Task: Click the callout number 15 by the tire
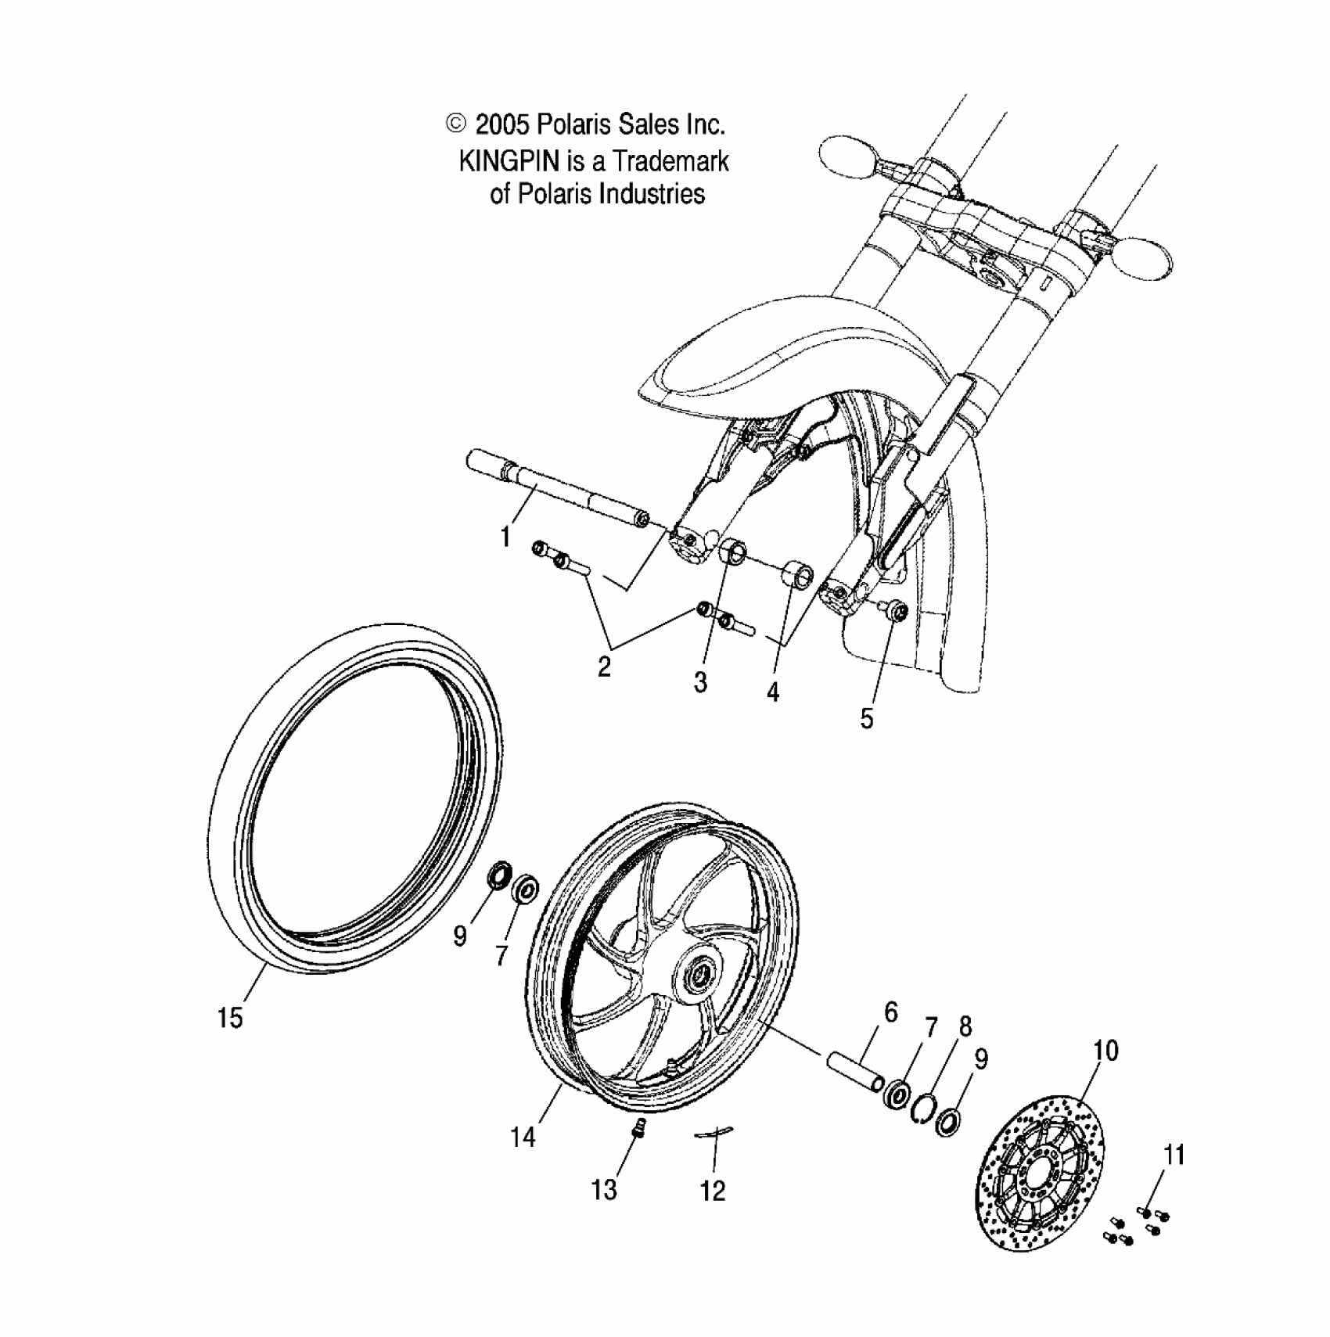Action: [x=230, y=1019]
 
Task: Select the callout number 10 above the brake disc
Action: [x=1105, y=1051]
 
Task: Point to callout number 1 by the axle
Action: [x=506, y=537]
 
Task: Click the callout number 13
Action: [x=604, y=1190]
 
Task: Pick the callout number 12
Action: [x=713, y=1191]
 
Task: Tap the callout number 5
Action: [x=866, y=718]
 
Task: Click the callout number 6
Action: [x=891, y=1012]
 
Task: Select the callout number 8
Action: [x=965, y=1026]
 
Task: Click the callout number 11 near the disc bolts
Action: [x=1174, y=1155]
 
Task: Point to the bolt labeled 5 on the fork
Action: [x=894, y=611]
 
